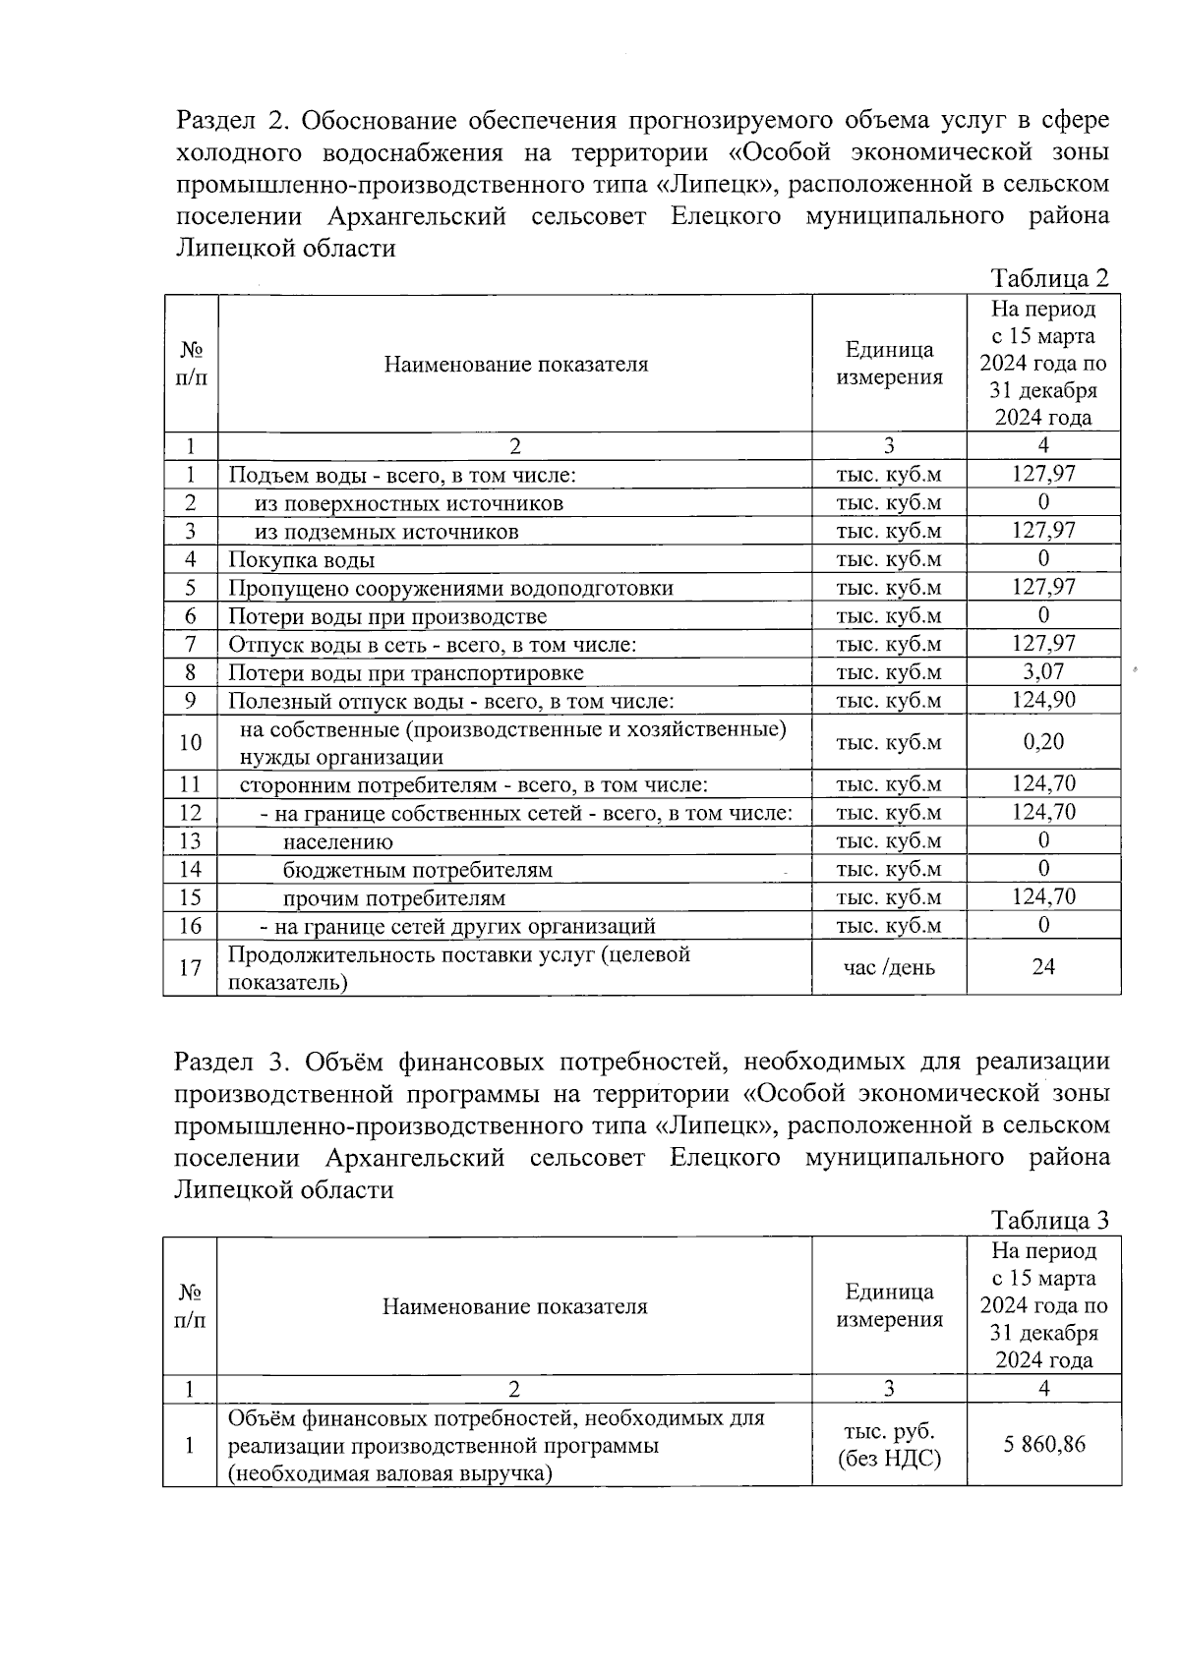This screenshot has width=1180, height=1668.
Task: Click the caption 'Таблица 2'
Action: click(1050, 278)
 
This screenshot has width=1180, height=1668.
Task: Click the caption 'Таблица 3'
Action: click(1050, 1221)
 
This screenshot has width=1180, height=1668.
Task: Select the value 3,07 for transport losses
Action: click(1043, 672)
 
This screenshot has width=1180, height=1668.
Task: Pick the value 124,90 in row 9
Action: click(1043, 700)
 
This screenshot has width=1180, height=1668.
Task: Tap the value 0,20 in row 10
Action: click(1043, 742)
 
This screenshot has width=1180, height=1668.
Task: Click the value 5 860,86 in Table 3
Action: click(1044, 1444)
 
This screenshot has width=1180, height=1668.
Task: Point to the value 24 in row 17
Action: click(1043, 967)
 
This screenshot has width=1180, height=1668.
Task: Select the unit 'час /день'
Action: click(889, 968)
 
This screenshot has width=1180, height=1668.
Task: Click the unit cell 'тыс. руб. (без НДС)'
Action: click(889, 1444)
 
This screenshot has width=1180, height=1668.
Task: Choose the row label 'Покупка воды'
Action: click(301, 560)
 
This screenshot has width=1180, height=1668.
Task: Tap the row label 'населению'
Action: click(337, 842)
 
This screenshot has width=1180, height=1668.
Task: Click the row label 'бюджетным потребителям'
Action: click(417, 870)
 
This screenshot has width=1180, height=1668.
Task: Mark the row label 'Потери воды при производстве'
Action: click(387, 617)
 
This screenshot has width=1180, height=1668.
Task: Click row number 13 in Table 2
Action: click(190, 841)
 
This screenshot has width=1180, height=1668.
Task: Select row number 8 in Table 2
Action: click(190, 672)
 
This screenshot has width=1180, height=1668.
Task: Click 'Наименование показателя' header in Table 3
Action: click(514, 1306)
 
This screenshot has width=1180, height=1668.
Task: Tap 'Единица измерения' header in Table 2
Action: click(889, 364)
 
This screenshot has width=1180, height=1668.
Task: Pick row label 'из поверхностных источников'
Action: click(409, 504)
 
